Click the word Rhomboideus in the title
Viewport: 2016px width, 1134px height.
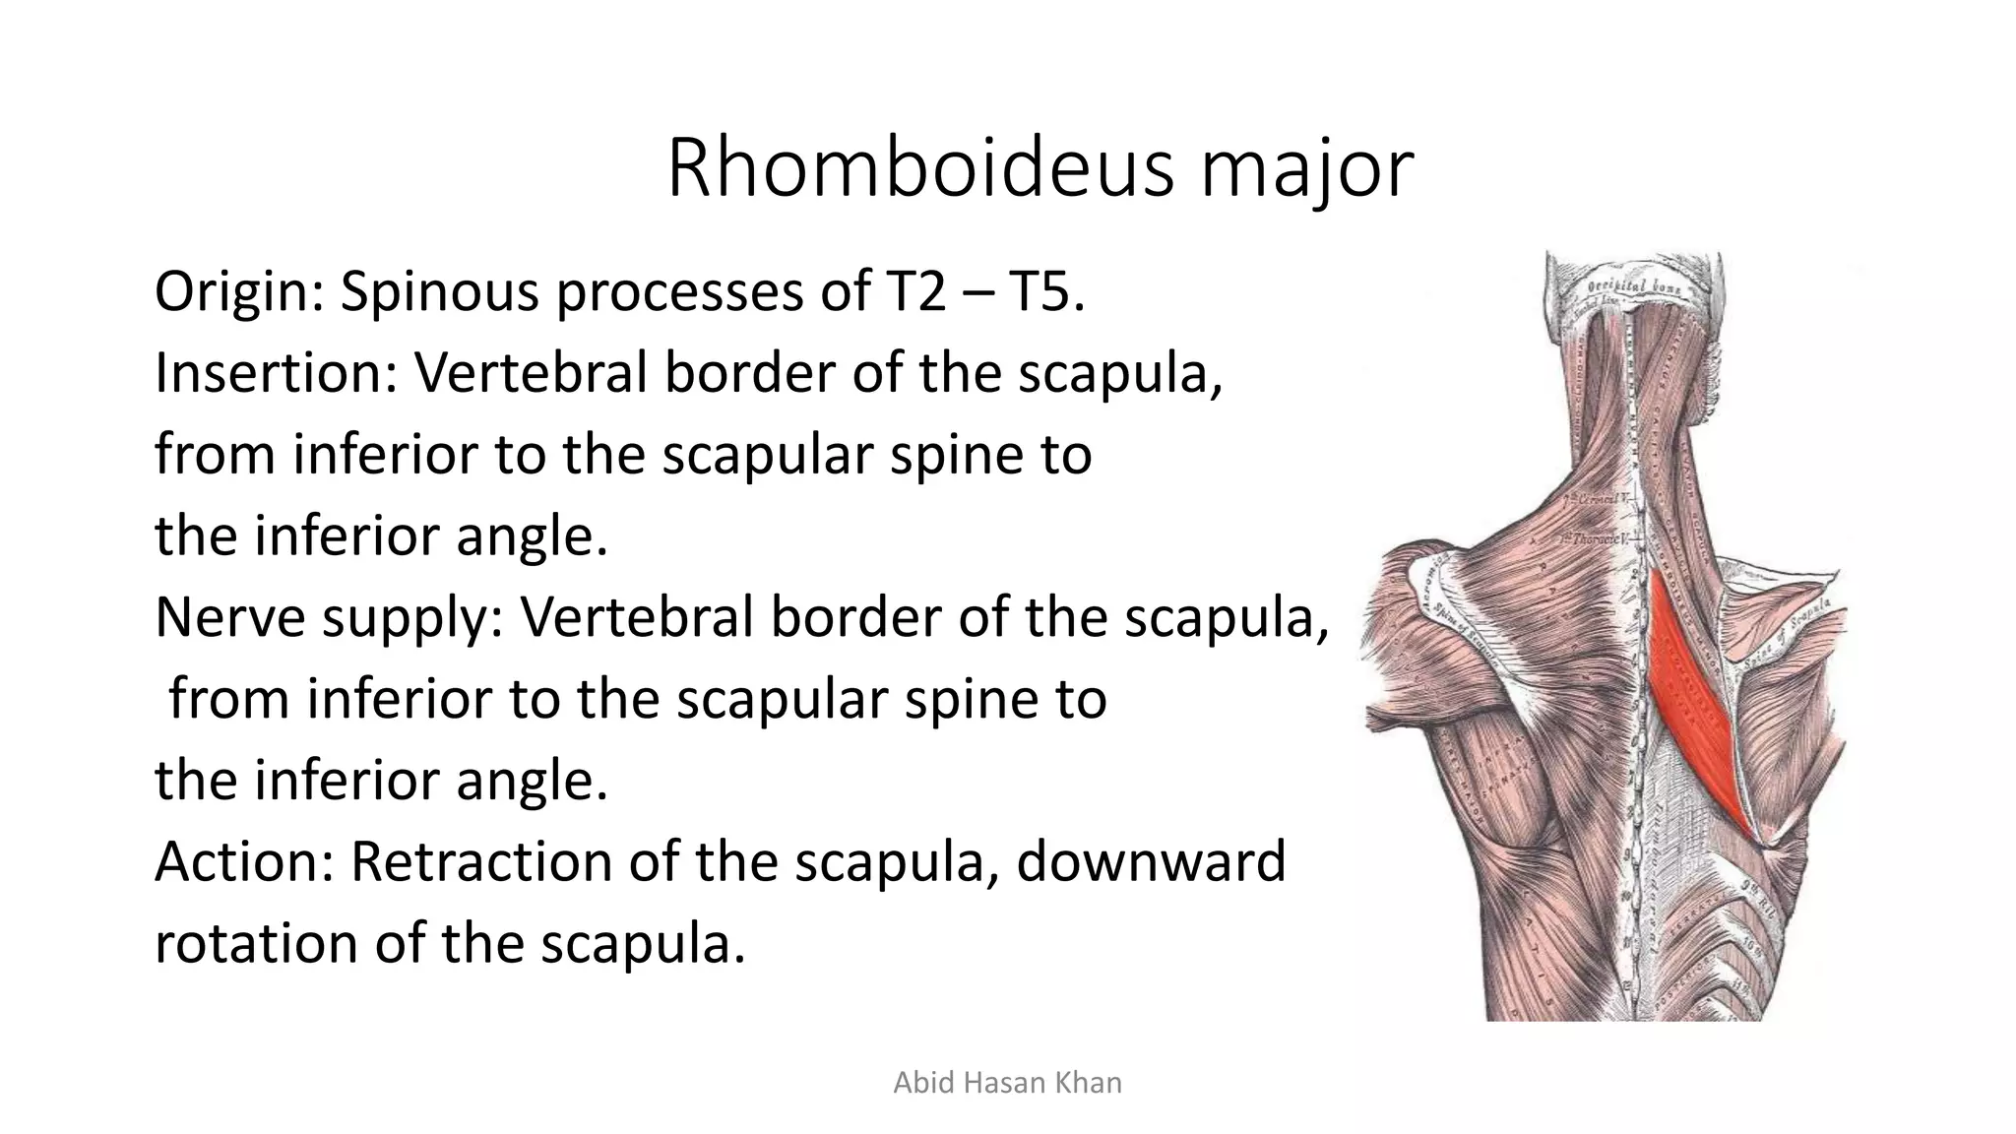920,169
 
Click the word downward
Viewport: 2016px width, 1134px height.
1150,861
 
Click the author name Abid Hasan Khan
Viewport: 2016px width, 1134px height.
1007,1083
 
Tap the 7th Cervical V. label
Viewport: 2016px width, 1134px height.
1601,499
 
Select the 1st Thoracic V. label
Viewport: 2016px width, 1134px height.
1597,538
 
